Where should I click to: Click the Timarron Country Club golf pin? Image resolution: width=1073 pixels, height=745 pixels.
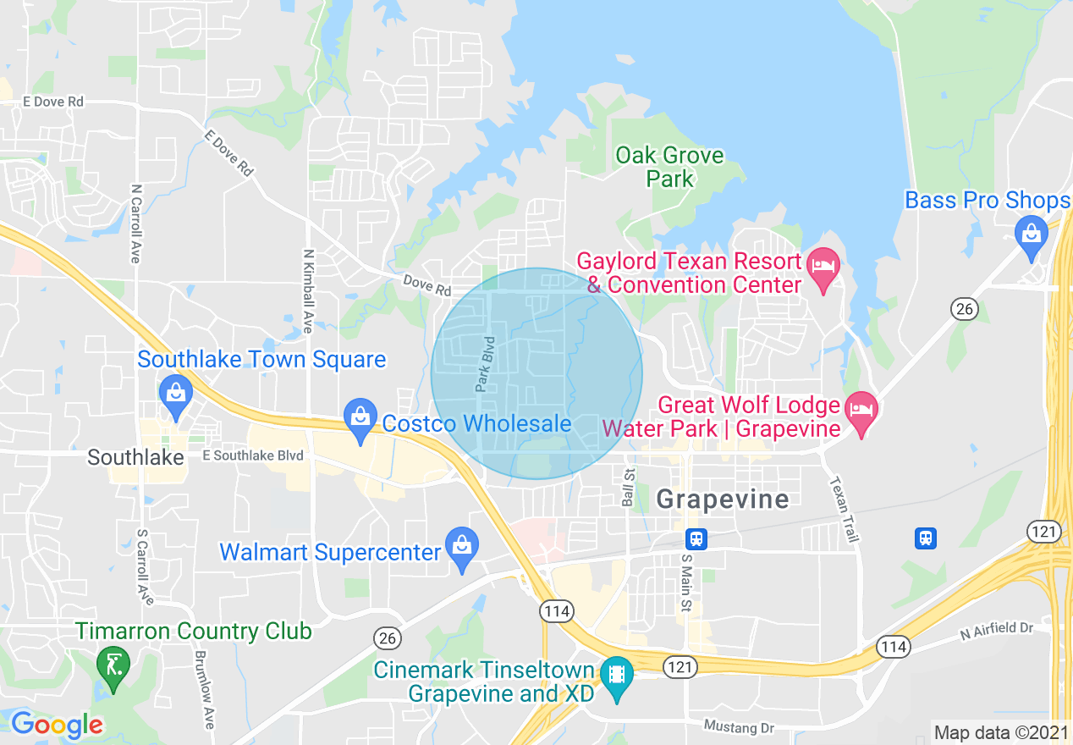click(x=112, y=665)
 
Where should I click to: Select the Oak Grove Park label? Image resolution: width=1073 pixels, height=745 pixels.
click(x=669, y=167)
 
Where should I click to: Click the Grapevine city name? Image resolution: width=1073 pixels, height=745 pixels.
click(x=723, y=499)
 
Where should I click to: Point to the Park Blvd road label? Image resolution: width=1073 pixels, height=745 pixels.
click(x=484, y=365)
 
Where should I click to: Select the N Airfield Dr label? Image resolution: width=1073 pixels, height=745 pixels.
click(x=997, y=629)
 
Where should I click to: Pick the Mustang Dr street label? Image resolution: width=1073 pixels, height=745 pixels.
click(x=739, y=727)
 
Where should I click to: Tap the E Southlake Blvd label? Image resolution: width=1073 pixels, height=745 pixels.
click(x=252, y=455)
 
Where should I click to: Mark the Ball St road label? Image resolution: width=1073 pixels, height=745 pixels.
click(x=628, y=486)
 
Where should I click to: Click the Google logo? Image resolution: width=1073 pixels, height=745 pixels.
click(x=57, y=725)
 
